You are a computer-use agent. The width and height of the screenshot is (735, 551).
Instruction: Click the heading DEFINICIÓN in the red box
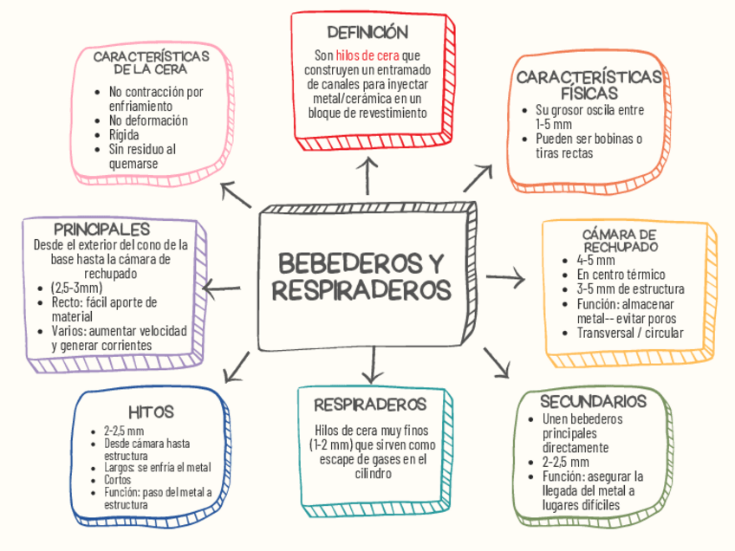(367, 33)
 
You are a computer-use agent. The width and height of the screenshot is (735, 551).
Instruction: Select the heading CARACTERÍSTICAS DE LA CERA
(151, 62)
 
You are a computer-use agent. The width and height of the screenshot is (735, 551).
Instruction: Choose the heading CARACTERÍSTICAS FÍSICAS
(589, 85)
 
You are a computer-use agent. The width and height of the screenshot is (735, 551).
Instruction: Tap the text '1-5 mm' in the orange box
(555, 124)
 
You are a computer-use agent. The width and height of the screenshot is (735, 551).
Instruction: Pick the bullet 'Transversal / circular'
(630, 333)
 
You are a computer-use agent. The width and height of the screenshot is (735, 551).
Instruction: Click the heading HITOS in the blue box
(152, 411)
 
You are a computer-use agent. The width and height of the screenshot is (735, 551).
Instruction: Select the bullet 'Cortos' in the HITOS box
(117, 480)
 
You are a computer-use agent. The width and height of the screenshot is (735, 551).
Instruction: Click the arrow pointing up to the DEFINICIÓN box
(369, 173)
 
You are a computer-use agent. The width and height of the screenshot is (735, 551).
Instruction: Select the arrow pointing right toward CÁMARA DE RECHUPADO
(506, 278)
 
